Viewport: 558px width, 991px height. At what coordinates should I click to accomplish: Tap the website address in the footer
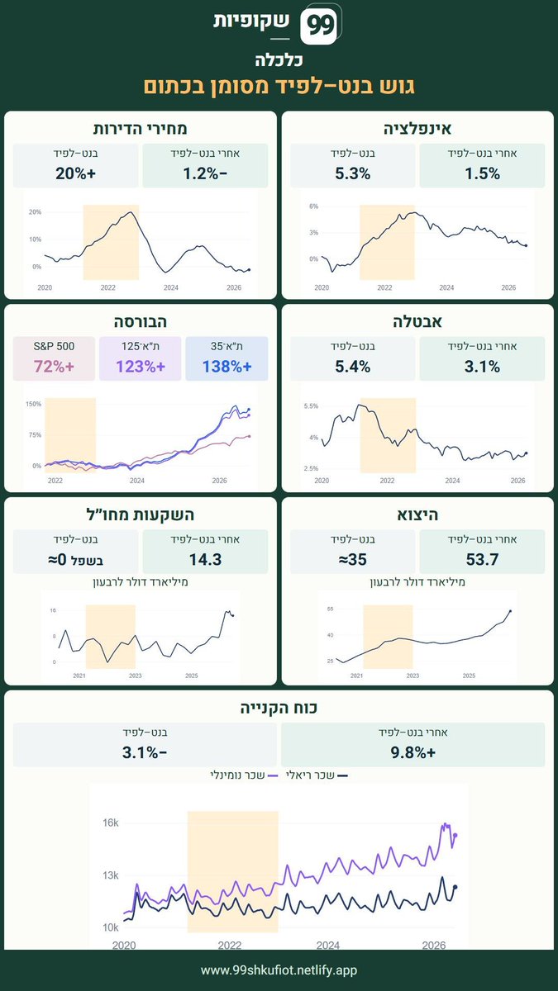pyautogui.click(x=279, y=970)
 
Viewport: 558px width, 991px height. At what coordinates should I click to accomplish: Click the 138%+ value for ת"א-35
pyautogui.click(x=227, y=367)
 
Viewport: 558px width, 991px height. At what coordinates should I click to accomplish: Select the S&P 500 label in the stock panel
pyautogui.click(x=54, y=346)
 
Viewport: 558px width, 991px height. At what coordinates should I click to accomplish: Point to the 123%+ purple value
pyautogui.click(x=141, y=367)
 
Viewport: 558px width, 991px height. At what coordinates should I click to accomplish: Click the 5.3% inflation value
pyautogui.click(x=352, y=173)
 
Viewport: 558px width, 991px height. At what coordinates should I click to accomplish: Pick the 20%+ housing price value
pyautogui.click(x=76, y=173)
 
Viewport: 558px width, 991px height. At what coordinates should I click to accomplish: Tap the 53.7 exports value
pyautogui.click(x=482, y=559)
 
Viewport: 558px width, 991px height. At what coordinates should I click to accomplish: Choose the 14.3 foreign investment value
pyautogui.click(x=206, y=559)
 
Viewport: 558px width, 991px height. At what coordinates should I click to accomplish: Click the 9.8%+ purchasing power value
pyautogui.click(x=413, y=752)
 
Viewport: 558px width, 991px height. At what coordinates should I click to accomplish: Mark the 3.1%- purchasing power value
pyautogui.click(x=145, y=752)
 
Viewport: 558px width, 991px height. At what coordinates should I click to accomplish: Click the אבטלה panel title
pyautogui.click(x=417, y=321)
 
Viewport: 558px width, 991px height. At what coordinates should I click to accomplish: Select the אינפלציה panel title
pyautogui.click(x=417, y=129)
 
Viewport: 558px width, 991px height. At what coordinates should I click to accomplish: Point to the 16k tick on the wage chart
pyautogui.click(x=111, y=823)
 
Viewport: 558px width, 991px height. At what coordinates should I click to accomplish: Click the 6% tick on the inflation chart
pyautogui.click(x=313, y=206)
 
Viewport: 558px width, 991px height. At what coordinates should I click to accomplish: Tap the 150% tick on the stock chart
pyautogui.click(x=34, y=404)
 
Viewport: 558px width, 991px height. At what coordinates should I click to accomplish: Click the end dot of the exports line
pyautogui.click(x=510, y=611)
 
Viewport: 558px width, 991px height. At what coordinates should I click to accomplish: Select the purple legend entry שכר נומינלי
pyautogui.click(x=244, y=775)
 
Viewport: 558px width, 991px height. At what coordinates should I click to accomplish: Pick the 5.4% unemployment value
pyautogui.click(x=352, y=367)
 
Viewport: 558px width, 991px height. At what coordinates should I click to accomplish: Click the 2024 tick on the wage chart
pyautogui.click(x=327, y=945)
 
